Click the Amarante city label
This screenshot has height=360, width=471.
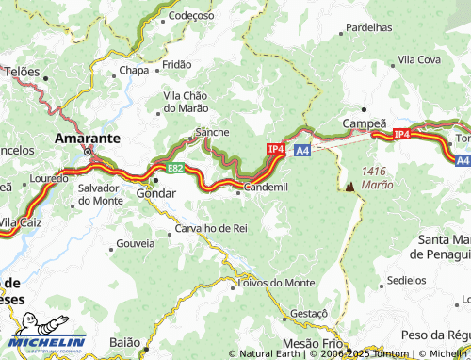click(x=88, y=138)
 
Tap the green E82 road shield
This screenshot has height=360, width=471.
click(x=175, y=168)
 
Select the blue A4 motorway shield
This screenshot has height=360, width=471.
click(x=301, y=150)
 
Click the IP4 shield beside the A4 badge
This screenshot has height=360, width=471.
click(x=276, y=148)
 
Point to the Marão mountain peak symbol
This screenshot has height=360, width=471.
click(x=350, y=186)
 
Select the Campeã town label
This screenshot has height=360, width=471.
click(x=365, y=123)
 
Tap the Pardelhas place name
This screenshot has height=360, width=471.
click(x=368, y=28)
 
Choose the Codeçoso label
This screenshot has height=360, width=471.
click(x=192, y=15)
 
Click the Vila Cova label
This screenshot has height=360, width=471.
click(x=420, y=59)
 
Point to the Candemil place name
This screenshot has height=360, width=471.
click(x=266, y=188)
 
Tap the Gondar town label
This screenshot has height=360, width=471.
click(x=156, y=193)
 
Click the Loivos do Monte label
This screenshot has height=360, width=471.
click(x=277, y=282)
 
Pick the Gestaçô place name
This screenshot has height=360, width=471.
click(x=308, y=313)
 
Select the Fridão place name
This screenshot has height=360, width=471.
click(x=177, y=65)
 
